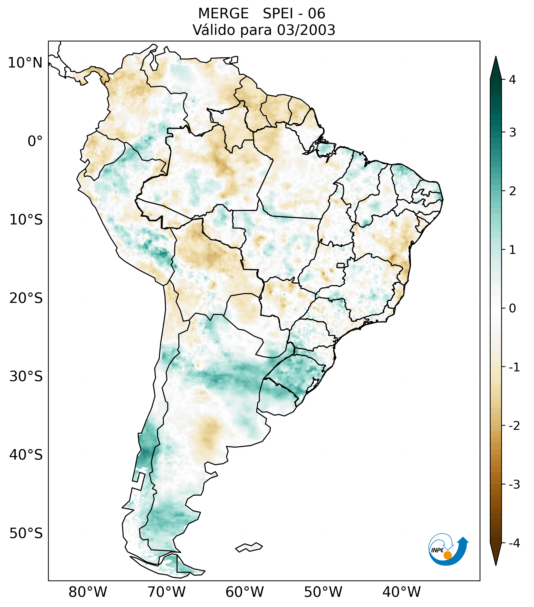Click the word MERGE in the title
[x=223, y=14]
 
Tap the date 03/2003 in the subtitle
[x=306, y=30]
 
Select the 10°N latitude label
[x=25, y=63]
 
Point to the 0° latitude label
[x=35, y=141]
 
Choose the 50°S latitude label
[x=26, y=533]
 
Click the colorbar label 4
[x=512, y=80]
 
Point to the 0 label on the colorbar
[x=512, y=308]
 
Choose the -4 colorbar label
[x=514, y=543]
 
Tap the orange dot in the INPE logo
[x=447, y=555]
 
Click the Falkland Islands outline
[x=249, y=547]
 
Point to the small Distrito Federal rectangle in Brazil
[x=341, y=265]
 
